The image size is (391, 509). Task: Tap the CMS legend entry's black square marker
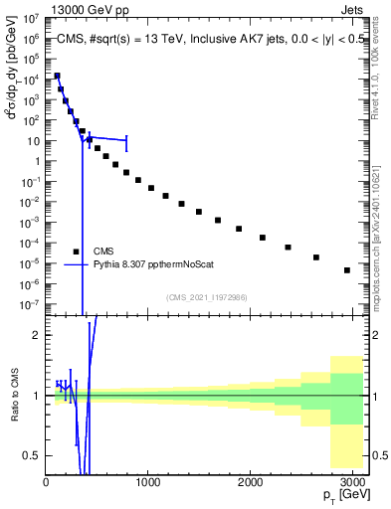point(76,252)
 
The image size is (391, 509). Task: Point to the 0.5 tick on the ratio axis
point(32,455)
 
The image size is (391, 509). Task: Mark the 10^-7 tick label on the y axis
point(31,304)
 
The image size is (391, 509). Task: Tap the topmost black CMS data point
point(57,76)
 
